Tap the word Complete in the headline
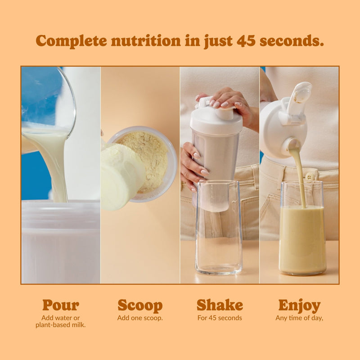pos(71,40)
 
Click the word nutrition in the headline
pos(146,40)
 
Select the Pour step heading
pos(61,305)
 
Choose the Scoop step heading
pos(140,305)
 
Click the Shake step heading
pos(220,305)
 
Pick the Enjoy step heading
pos(299,305)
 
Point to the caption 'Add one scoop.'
pos(140,318)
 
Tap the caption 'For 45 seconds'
pos(220,318)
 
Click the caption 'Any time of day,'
pos(299,318)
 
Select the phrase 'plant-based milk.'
pos(61,325)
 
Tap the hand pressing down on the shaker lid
pos(229,101)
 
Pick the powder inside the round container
pos(144,157)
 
